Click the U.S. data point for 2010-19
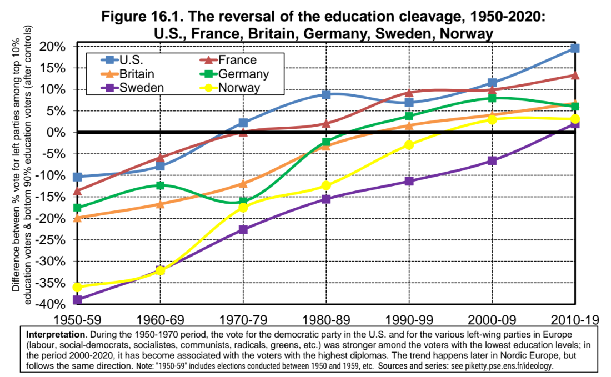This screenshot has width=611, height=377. click(575, 48)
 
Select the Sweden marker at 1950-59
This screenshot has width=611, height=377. click(78, 300)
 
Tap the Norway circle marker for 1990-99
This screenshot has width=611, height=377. click(409, 144)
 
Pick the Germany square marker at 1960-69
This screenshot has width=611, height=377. click(161, 185)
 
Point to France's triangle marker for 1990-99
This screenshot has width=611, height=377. click(409, 92)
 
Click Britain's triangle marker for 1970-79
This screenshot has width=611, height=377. click(243, 183)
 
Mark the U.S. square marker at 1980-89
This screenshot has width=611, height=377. click(326, 94)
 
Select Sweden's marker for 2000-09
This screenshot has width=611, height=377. click(492, 160)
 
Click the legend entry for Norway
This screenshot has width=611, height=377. click(239, 88)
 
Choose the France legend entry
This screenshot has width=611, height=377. click(238, 60)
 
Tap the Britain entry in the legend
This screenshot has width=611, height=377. click(136, 74)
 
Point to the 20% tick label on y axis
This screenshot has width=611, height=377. click(56, 46)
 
